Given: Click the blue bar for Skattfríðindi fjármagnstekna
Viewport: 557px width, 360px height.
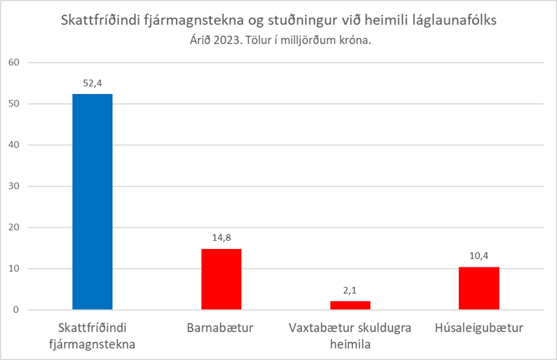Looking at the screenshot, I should click(x=93, y=202).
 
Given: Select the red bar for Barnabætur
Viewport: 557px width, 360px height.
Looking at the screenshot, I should click(x=221, y=279).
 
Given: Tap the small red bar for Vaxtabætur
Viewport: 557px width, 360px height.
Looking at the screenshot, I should click(x=350, y=305).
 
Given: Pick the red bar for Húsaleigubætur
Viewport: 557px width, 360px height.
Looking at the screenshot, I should click(x=479, y=288).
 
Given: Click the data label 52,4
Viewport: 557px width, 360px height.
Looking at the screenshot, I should click(x=93, y=83).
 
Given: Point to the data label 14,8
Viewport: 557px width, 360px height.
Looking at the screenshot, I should click(x=221, y=238).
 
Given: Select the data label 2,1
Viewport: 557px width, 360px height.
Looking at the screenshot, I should click(x=350, y=290).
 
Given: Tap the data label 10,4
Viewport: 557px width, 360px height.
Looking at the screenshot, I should click(x=479, y=256).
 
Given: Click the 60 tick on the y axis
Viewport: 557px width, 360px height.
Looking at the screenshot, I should click(x=15, y=62).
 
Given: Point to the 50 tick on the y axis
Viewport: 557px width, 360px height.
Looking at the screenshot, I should click(x=15, y=104).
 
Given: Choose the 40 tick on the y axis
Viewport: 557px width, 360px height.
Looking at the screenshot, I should click(x=15, y=145).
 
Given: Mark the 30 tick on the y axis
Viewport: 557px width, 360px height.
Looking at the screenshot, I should click(x=15, y=187).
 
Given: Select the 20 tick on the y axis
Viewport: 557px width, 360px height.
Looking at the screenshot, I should click(x=15, y=228).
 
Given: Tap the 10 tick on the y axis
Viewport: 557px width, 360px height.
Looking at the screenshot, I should click(x=15, y=269).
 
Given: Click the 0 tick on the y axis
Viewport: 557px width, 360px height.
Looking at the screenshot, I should click(x=18, y=310).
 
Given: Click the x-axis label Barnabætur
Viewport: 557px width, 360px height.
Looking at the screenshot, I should click(x=221, y=328).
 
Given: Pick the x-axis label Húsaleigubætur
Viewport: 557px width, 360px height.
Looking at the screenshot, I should click(x=479, y=328).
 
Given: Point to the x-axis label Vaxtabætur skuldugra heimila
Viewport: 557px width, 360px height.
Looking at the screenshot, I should click(x=350, y=335).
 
